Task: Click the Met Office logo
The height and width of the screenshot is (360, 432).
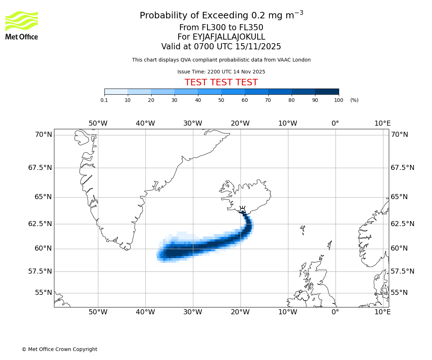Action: [22, 25]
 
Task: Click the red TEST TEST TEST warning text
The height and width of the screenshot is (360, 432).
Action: [221, 82]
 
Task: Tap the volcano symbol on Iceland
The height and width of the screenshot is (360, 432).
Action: [242, 210]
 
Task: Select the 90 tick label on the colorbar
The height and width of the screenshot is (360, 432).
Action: [315, 100]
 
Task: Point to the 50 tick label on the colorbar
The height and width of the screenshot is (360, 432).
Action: [221, 100]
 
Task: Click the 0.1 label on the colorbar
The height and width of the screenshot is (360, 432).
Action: [104, 100]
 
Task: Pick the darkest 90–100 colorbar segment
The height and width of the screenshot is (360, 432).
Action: [327, 91]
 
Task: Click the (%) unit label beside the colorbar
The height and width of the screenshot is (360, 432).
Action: [354, 100]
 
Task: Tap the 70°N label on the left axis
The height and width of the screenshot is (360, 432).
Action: [43, 135]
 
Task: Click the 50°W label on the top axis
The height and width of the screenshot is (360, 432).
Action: [98, 123]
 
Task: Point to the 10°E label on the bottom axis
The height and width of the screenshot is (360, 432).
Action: [382, 312]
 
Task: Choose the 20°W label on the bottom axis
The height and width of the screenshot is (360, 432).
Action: [240, 312]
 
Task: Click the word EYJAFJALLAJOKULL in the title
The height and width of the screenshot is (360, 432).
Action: [229, 37]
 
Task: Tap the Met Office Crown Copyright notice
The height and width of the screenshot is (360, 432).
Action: [59, 349]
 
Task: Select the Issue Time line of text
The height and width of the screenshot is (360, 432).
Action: [221, 72]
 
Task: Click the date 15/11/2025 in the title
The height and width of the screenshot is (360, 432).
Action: [258, 47]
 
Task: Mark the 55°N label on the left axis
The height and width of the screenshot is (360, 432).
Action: [43, 293]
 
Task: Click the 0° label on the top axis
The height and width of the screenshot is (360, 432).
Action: [335, 123]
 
